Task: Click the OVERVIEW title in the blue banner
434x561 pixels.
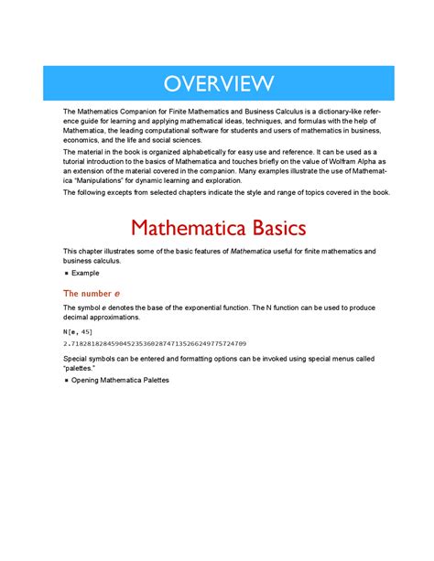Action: pyautogui.click(x=218, y=84)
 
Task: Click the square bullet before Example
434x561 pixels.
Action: pyautogui.click(x=67, y=274)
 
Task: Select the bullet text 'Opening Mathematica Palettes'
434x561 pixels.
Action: pyautogui.click(x=120, y=379)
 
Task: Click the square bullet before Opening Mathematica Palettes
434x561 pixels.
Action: pyautogui.click(x=67, y=379)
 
